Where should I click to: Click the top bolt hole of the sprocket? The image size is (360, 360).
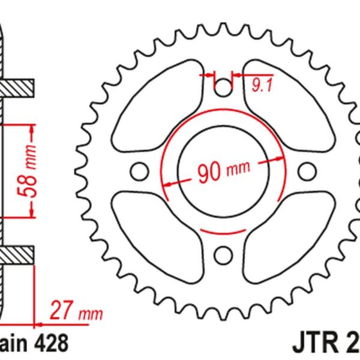223,88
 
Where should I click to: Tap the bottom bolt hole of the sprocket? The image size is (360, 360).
223,253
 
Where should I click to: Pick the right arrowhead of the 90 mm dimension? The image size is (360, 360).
279,160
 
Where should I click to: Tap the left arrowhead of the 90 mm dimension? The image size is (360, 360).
167,183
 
